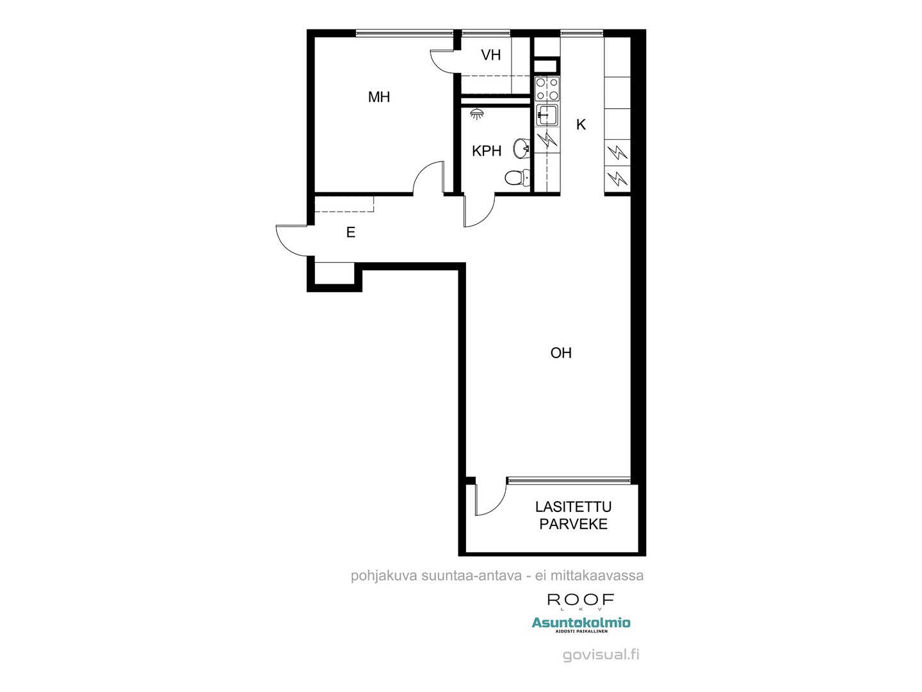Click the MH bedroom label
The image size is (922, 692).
pyautogui.click(x=378, y=97)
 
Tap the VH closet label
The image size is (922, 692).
pyautogui.click(x=490, y=55)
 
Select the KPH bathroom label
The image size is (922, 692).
pyautogui.click(x=487, y=151)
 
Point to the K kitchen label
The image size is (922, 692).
pyautogui.click(x=581, y=125)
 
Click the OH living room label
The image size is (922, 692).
pyautogui.click(x=561, y=353)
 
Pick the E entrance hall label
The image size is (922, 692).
pyautogui.click(x=351, y=233)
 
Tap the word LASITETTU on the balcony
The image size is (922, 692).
pyautogui.click(x=573, y=507)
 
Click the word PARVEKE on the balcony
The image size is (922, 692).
pyautogui.click(x=573, y=524)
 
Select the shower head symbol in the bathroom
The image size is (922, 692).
pyautogui.click(x=477, y=114)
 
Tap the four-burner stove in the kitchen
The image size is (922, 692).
pyautogui.click(x=547, y=89)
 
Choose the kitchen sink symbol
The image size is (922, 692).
pyautogui.click(x=547, y=116)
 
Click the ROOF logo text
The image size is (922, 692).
pyautogui.click(x=581, y=600)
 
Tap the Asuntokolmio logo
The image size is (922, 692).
pyautogui.click(x=581, y=623)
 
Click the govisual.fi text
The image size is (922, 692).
pyautogui.click(x=601, y=655)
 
